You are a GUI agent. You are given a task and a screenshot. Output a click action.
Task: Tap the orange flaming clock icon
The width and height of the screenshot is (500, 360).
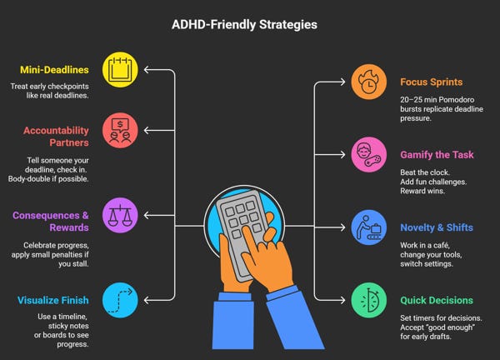pyautogui.click(x=368, y=82)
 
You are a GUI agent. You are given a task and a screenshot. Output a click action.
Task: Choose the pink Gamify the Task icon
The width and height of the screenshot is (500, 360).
pyautogui.click(x=368, y=154)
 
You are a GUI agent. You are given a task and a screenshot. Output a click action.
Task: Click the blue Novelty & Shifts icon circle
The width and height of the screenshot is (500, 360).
pyautogui.click(x=368, y=227)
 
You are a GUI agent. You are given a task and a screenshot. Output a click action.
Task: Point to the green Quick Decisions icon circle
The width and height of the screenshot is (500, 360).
pyautogui.click(x=368, y=298)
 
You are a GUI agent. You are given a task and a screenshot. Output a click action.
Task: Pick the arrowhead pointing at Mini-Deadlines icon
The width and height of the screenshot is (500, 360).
pyautogui.click(x=147, y=69)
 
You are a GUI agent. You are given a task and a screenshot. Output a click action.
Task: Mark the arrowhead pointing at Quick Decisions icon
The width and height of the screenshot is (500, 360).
pyautogui.click(x=342, y=298)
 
